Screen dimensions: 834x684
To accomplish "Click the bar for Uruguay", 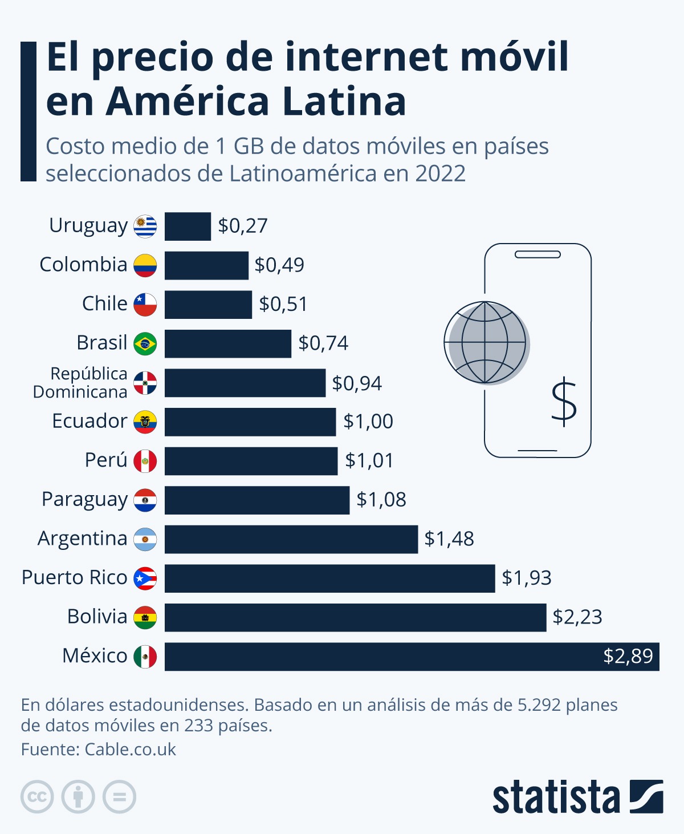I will click(188, 226).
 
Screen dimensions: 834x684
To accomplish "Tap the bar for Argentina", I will click(291, 539).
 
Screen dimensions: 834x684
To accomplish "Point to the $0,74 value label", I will click(323, 343).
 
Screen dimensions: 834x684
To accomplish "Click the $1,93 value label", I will click(527, 578).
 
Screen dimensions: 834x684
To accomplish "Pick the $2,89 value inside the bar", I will click(628, 657).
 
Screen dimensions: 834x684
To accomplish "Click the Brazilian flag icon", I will click(145, 344).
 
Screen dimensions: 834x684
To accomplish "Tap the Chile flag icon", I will click(145, 305).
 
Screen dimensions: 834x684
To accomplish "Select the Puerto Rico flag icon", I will click(145, 578).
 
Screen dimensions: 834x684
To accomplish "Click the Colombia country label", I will click(83, 265).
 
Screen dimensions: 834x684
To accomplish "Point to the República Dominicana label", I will click(80, 383).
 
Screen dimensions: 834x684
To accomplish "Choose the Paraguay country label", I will click(84, 500).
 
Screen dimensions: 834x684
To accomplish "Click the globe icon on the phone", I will click(486, 343).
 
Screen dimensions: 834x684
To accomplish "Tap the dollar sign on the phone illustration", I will click(564, 402).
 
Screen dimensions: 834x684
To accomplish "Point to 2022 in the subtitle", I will click(440, 173).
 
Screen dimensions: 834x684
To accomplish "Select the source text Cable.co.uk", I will click(130, 750).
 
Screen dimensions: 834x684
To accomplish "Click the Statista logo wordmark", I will click(556, 797).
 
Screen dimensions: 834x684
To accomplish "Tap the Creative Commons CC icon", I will click(37, 797).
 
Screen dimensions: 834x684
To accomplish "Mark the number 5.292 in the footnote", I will click(539, 705).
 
